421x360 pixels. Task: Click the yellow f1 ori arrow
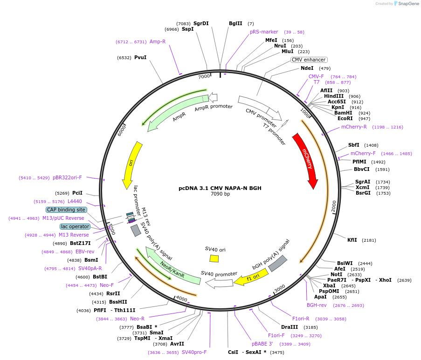(x=250, y=278)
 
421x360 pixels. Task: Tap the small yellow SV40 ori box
(x=214, y=258)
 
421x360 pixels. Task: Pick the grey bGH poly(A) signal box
(x=277, y=264)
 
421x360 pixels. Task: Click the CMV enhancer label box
(x=309, y=60)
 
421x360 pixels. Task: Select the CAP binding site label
(x=66, y=210)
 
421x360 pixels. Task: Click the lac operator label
(x=75, y=226)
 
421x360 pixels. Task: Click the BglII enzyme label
(x=235, y=23)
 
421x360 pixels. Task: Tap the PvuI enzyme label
(x=140, y=57)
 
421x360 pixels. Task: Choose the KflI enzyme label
(x=352, y=240)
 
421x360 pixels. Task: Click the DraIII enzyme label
(x=290, y=327)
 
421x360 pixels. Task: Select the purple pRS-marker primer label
(x=264, y=32)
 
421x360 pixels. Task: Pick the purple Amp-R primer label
(x=158, y=41)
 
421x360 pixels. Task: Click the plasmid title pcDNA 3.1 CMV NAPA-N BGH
(x=220, y=188)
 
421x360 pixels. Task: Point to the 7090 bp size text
(x=220, y=194)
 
